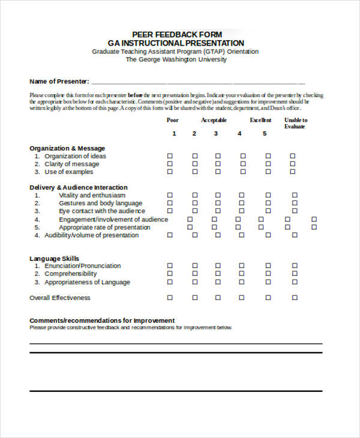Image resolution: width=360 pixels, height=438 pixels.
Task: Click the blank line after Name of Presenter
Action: (x=198, y=82)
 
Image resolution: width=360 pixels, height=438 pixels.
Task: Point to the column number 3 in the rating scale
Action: (x=216, y=133)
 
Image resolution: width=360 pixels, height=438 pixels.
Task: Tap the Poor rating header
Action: (x=172, y=120)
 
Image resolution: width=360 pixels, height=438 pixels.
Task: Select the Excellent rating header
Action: (x=261, y=120)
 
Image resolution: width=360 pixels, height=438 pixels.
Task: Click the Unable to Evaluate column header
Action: (x=295, y=123)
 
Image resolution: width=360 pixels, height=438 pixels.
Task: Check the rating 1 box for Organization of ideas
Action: (x=170, y=156)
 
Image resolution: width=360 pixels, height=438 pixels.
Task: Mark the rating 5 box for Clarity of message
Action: (x=267, y=164)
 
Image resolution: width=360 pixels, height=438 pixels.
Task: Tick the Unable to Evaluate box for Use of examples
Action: (x=293, y=172)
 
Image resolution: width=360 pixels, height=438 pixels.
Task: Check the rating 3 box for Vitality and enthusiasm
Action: (x=218, y=195)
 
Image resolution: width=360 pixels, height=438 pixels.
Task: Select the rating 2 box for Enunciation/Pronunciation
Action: (x=195, y=265)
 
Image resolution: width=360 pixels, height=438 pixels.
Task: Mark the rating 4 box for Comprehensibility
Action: (x=242, y=274)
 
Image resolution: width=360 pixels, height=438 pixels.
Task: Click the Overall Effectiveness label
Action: (x=60, y=298)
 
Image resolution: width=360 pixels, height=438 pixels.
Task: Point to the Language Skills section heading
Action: (x=54, y=259)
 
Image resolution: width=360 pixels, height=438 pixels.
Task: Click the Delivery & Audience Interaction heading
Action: (x=79, y=187)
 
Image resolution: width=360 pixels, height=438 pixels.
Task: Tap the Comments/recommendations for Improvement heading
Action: (x=102, y=320)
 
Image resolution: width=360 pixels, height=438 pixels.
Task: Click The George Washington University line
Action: (x=176, y=59)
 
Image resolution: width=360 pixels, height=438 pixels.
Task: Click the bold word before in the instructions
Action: (x=135, y=95)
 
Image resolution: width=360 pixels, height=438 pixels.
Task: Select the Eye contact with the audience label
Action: (x=101, y=211)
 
